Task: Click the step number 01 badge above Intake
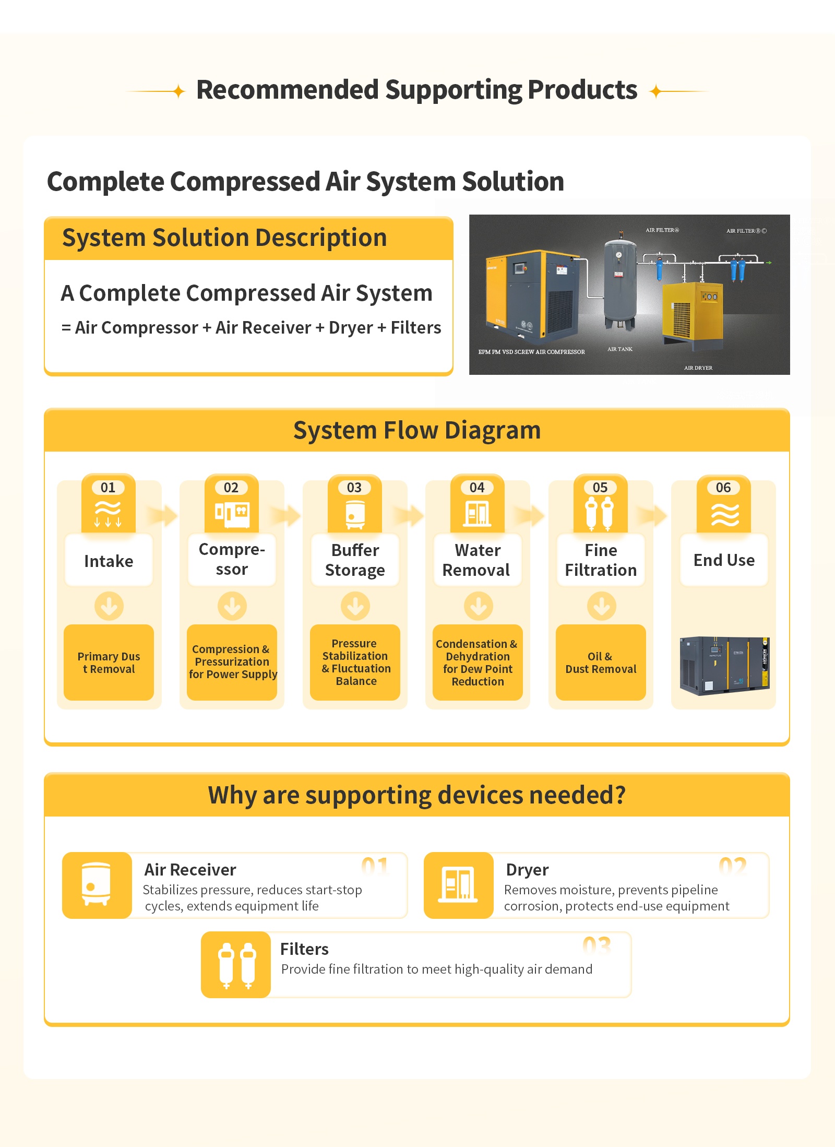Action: [108, 488]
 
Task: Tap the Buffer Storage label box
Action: [355, 560]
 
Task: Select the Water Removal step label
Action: [477, 560]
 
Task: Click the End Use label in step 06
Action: [724, 560]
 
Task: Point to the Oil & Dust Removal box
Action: [601, 663]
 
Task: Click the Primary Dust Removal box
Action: [109, 663]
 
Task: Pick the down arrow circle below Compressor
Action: [232, 606]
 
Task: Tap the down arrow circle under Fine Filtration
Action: [601, 606]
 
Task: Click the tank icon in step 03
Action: [355, 514]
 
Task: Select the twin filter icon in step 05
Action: [600, 513]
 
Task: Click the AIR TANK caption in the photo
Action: [620, 349]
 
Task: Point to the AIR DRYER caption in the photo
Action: [698, 368]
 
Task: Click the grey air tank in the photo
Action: [619, 285]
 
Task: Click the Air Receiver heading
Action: [190, 870]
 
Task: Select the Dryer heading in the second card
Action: [527, 870]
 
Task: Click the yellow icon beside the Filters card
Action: [236, 965]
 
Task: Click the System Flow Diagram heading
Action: [416, 431]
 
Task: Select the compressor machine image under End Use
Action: [724, 665]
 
